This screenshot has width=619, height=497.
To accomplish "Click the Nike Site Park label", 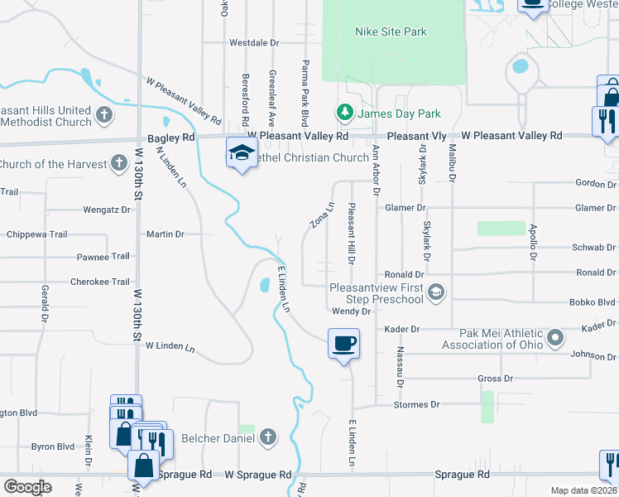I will click(x=391, y=32).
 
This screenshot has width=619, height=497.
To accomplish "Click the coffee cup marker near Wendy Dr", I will click(x=343, y=341).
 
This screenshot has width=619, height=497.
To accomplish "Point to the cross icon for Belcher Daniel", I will click(x=266, y=437).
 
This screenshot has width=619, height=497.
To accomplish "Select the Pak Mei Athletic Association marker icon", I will click(x=555, y=337).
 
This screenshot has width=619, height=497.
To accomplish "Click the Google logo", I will click(x=26, y=487).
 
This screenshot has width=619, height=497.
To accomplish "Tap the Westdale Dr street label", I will click(x=254, y=42).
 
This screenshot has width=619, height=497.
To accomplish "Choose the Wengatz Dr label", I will click(x=107, y=210).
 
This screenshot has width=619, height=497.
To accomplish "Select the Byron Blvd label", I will click(x=53, y=446).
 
